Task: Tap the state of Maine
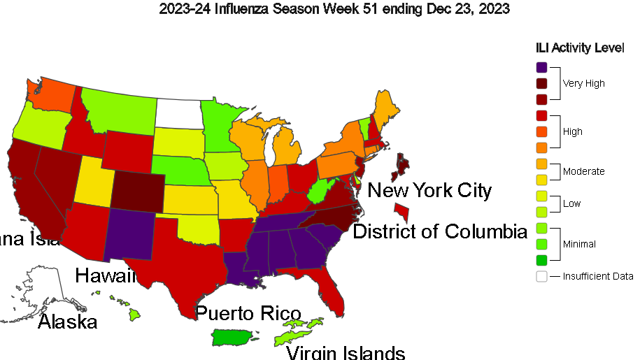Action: [x=387, y=108]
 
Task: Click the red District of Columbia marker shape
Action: [x=403, y=210]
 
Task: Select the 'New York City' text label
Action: [x=429, y=190]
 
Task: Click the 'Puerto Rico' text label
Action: [x=248, y=313]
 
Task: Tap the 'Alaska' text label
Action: [x=67, y=322]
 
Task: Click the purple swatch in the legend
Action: [x=541, y=68]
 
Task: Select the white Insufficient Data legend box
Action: [x=541, y=276]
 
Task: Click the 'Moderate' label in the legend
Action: [x=584, y=171]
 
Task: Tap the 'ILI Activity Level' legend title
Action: [x=580, y=48]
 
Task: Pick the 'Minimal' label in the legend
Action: [x=579, y=244]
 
